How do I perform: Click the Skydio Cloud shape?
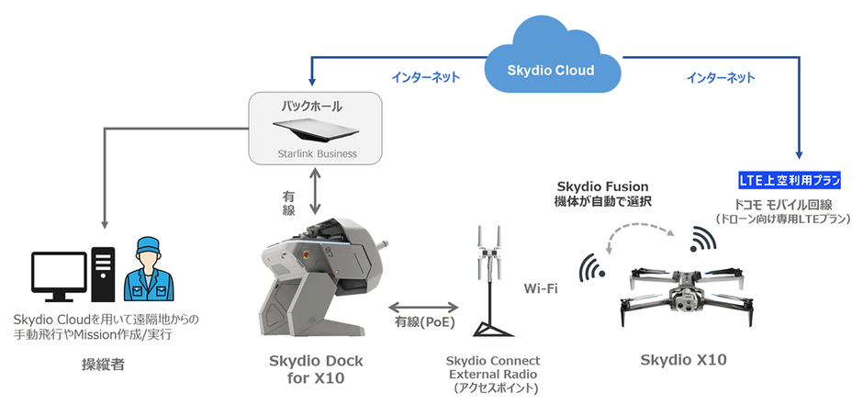tap(551, 69)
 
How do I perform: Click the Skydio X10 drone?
tap(684, 292)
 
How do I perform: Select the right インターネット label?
tap(721, 78)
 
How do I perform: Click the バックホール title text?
tap(315, 107)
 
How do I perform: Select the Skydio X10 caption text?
tap(683, 360)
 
